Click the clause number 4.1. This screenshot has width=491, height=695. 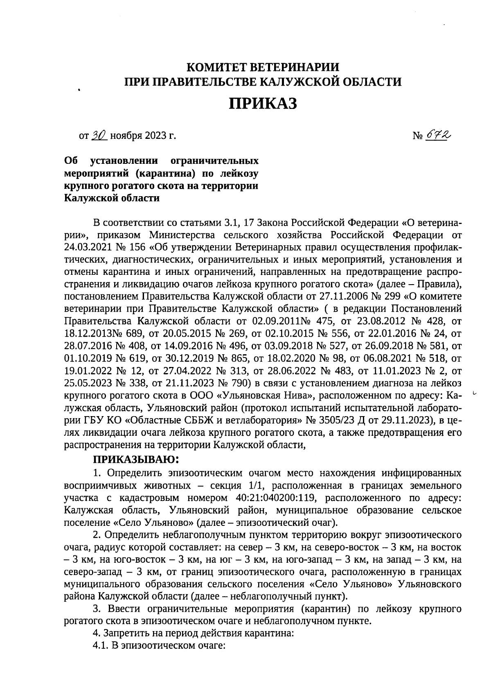pyautogui.click(x=101, y=645)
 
